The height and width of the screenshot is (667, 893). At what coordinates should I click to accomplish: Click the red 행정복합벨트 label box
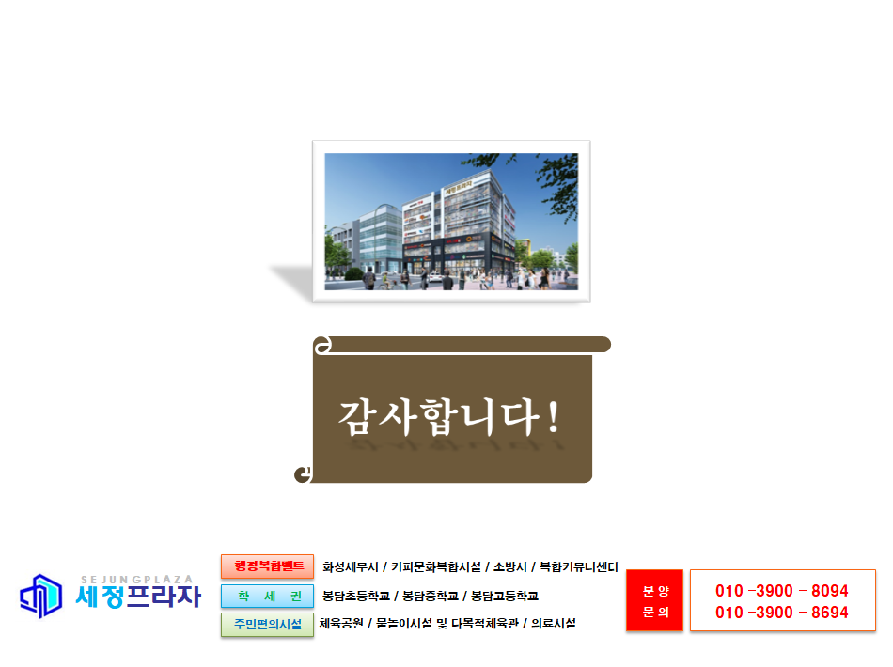click(x=267, y=566)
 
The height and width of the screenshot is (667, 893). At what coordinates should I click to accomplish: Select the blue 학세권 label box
click(x=267, y=596)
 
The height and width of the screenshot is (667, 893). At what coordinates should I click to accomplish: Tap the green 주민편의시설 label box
click(x=267, y=625)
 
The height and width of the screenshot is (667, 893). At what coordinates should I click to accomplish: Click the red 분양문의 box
click(x=654, y=600)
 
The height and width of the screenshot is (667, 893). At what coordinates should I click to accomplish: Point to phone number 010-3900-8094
click(x=782, y=591)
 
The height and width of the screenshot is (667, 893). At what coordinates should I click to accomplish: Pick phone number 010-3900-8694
click(x=782, y=613)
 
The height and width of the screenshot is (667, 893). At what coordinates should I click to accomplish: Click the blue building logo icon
click(x=41, y=596)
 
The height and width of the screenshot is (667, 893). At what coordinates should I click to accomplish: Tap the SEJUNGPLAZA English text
click(x=136, y=580)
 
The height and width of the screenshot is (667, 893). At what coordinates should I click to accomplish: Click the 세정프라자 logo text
click(x=138, y=597)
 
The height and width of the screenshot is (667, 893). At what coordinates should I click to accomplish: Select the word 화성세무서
click(x=351, y=566)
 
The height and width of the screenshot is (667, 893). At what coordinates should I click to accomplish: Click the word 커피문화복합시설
click(x=435, y=566)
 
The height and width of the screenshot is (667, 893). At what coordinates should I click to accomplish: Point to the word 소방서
click(x=509, y=566)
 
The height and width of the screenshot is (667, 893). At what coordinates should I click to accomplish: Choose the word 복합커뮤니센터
click(x=579, y=566)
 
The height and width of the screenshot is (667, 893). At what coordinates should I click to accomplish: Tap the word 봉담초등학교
click(x=356, y=596)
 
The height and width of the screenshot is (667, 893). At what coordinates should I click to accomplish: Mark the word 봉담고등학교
click(x=505, y=596)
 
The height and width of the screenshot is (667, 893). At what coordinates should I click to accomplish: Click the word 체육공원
click(x=341, y=623)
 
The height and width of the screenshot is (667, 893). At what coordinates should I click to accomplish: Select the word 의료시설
click(x=554, y=623)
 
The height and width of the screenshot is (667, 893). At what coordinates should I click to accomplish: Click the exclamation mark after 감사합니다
click(x=553, y=417)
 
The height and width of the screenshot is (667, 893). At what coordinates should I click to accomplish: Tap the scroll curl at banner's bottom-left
click(x=304, y=474)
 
